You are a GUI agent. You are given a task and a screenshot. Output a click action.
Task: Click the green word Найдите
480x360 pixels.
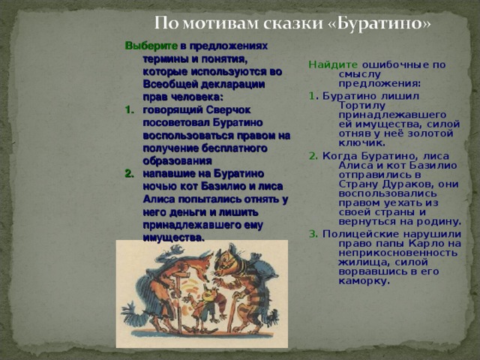point(328,64)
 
